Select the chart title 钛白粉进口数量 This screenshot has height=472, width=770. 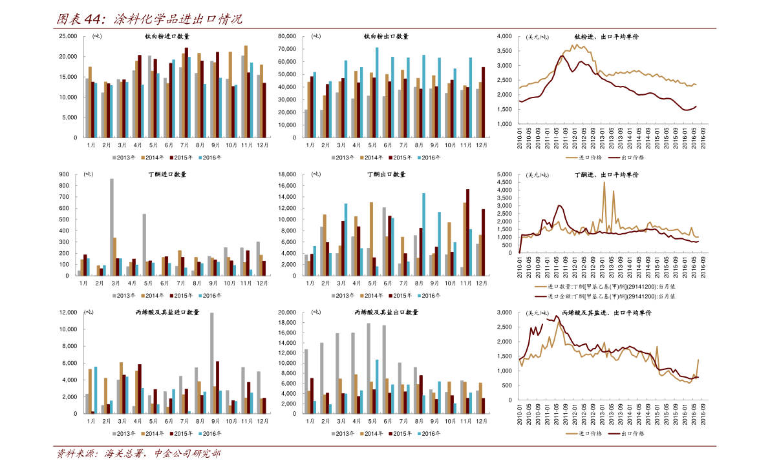coord(167,36)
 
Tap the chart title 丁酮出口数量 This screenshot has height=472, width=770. coord(387,174)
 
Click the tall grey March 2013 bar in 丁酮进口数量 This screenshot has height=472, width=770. coord(111,227)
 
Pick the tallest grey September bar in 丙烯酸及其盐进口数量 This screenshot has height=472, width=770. coord(211,363)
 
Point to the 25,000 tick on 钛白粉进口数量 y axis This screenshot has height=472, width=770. coord(69,36)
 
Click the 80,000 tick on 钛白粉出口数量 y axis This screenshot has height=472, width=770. coord(287,36)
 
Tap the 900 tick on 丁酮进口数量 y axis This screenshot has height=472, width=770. coord(64,174)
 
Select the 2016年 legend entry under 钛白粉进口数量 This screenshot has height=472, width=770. coord(209,158)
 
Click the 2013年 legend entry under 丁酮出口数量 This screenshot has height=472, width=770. coord(343,295)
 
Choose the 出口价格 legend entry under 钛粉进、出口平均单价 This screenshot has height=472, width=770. coord(626,158)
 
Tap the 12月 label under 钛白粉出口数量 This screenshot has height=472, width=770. coord(482,145)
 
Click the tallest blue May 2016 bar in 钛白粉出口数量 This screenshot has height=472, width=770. coord(377,92)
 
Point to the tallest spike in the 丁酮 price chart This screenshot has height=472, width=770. coord(604,183)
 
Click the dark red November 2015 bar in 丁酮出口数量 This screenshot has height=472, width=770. coord(467,232)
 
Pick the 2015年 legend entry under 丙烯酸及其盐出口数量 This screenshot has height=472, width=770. coord(400,433)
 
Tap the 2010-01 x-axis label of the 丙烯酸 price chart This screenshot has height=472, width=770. coord(520,415)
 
